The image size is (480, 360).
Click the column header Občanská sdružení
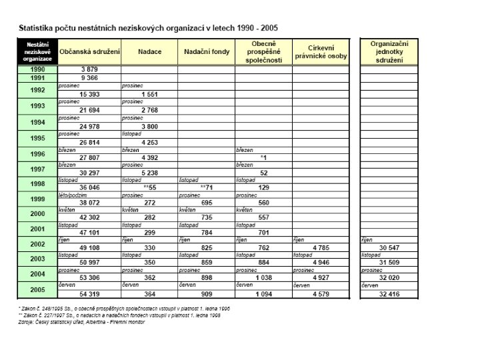click(x=89, y=51)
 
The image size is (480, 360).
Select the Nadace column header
click(x=150, y=51)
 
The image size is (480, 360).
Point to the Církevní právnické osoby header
click(x=320, y=52)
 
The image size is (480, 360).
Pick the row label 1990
click(x=37, y=69)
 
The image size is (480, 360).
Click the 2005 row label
click(x=37, y=289)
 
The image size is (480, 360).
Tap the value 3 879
click(x=90, y=69)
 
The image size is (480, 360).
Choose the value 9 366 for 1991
click(x=90, y=77)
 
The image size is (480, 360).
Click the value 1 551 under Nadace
click(x=149, y=94)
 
